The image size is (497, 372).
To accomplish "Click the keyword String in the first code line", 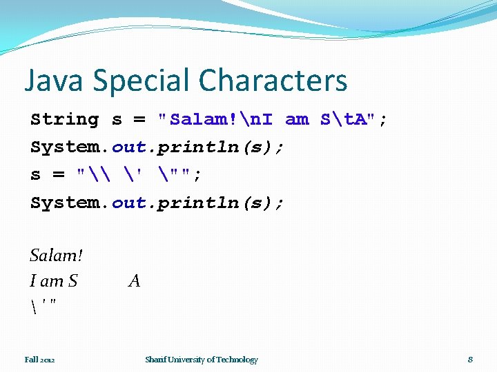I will tap(65, 119).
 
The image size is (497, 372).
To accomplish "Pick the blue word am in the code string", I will tap(297, 119).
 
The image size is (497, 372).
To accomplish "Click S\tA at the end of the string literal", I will tap(347, 119).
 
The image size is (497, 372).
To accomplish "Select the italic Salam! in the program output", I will tap(56, 256).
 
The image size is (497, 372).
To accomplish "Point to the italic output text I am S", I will tap(54, 281).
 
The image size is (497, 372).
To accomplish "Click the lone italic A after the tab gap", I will tap(134, 281).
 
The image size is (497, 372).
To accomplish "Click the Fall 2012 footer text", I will tap(39, 360).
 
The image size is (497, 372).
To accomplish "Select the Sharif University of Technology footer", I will tap(201, 360).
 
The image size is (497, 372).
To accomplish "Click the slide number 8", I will tap(470, 360).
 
